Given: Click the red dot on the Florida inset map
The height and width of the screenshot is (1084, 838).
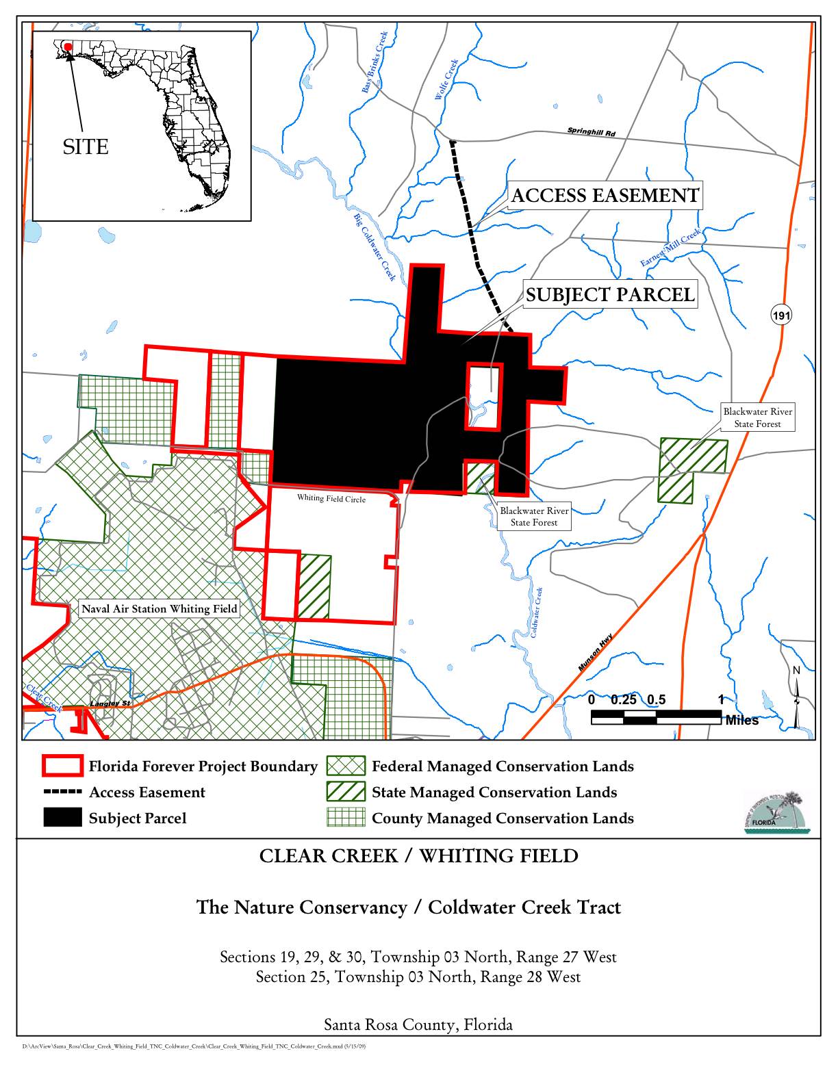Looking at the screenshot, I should (68, 47).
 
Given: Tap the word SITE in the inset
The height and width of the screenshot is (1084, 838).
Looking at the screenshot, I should (86, 147).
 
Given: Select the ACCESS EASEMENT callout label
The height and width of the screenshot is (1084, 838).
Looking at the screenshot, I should (605, 196).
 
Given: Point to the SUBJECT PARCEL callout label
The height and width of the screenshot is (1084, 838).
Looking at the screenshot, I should (610, 294).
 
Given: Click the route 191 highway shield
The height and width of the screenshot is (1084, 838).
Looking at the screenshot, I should (781, 315).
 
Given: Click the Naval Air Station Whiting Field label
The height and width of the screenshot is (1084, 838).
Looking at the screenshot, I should (160, 608).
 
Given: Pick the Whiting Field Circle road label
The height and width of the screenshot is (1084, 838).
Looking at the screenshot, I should (331, 498).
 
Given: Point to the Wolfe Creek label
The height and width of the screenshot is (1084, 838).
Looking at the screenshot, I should (446, 79).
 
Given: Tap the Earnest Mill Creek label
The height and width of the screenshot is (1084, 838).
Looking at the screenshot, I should (671, 248).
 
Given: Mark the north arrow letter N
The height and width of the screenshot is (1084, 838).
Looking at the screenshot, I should (796, 671).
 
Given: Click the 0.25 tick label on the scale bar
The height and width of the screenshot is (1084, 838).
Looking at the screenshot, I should (624, 699).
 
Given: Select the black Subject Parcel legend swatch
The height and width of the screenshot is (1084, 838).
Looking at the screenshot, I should (62, 818).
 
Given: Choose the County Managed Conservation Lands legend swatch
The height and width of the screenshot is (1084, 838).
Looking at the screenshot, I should (346, 818).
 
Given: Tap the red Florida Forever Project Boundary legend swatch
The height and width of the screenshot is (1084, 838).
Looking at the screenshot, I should (62, 766).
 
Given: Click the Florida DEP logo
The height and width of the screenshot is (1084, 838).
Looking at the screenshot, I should (776, 812).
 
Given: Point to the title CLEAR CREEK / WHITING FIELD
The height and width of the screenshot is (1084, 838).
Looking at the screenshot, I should (418, 856).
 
